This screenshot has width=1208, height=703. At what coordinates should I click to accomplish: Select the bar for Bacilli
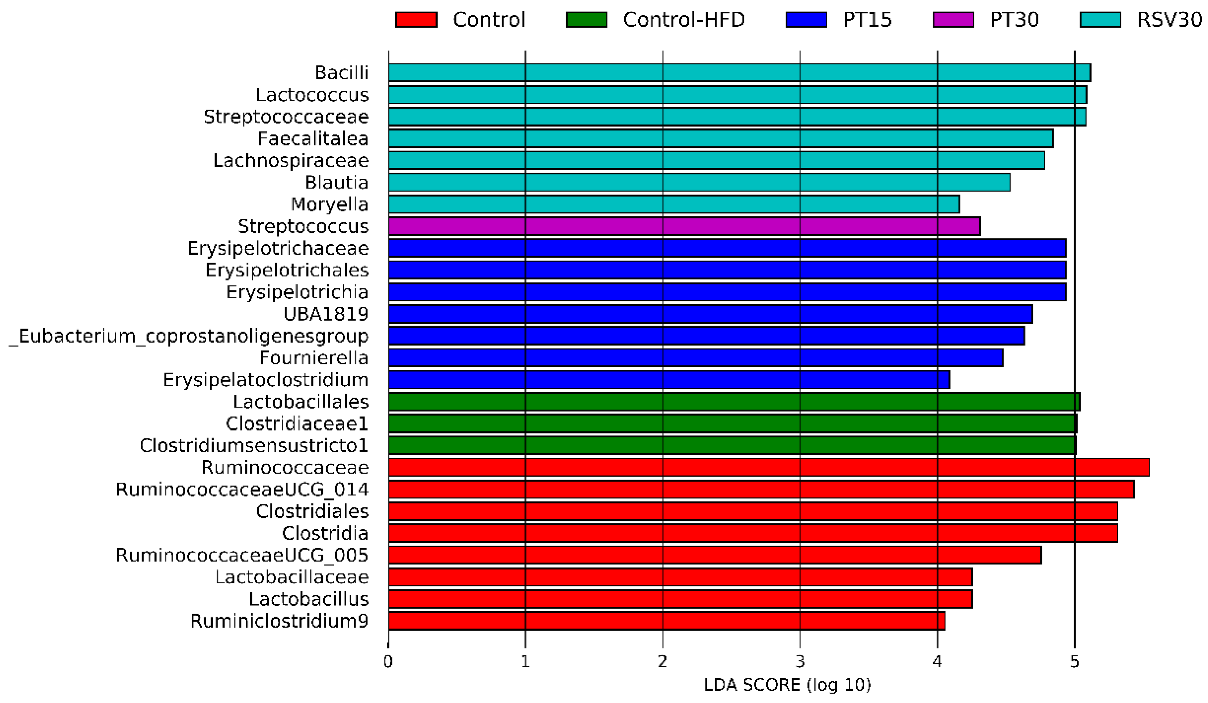[739, 72]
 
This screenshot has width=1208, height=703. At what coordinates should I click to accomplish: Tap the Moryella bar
[673, 204]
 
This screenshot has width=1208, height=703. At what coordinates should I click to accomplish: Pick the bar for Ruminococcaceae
[769, 467]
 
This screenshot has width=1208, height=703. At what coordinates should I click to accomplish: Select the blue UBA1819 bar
[710, 314]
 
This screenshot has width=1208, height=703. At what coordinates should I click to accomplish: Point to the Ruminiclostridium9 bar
[666, 621]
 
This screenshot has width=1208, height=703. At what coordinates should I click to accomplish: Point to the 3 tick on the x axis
[800, 662]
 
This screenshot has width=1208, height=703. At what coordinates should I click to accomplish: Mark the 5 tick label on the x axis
[1074, 662]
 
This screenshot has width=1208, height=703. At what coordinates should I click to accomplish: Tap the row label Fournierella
[314, 358]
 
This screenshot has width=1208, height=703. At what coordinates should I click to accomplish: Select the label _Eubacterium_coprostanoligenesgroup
[189, 336]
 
